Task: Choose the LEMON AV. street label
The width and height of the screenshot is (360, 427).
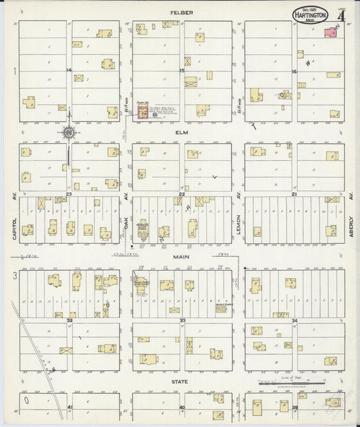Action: tap(238, 220)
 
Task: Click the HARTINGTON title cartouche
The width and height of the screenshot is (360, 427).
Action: tap(311, 14)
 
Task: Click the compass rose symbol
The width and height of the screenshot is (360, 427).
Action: tap(68, 132)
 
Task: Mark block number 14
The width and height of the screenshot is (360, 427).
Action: tap(69, 70)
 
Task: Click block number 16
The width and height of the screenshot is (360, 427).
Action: tap(294, 70)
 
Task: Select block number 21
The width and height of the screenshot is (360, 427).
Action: tap(294, 194)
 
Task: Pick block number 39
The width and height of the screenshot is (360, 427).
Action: tap(294, 407)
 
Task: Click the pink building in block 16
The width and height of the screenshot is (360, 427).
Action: tap(332, 32)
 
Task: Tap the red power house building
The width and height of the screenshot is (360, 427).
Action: tap(143, 112)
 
